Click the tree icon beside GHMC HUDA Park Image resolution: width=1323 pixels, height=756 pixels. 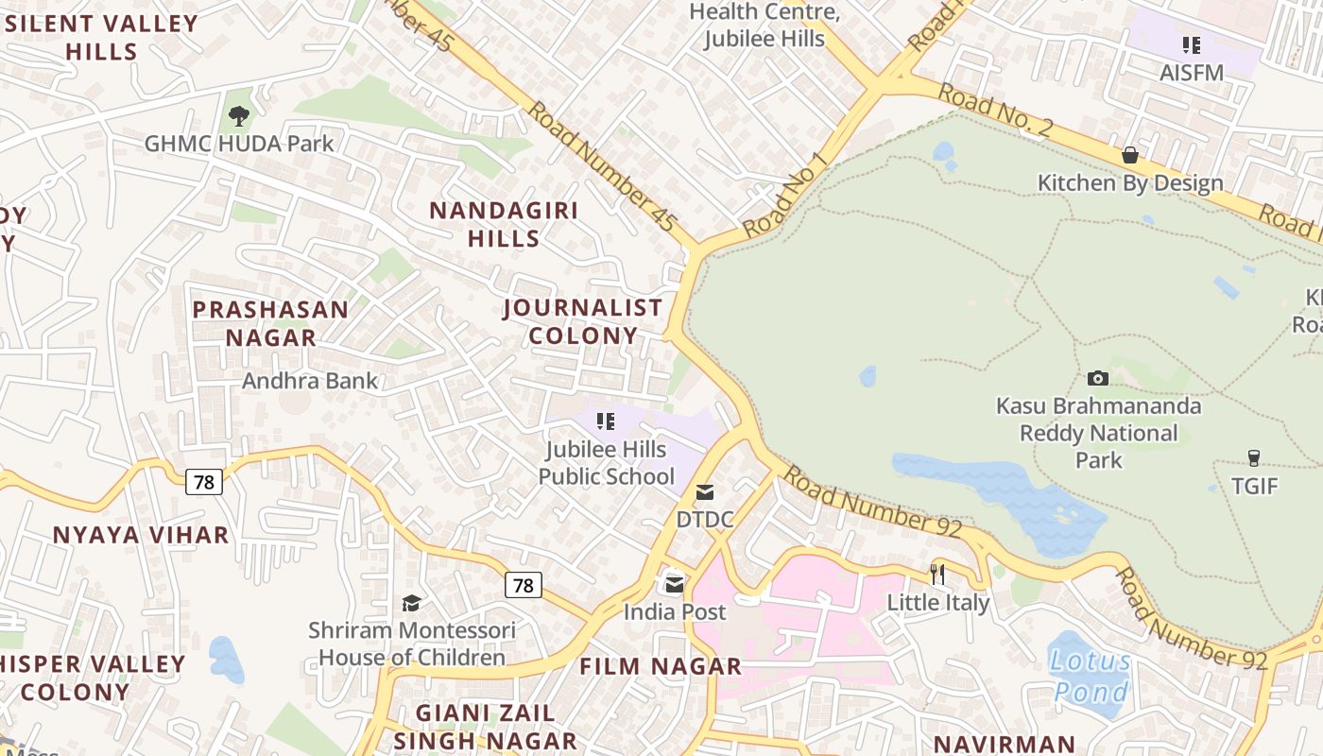239,116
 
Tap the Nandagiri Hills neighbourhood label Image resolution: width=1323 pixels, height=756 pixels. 503,224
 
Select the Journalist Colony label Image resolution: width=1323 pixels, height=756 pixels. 582,321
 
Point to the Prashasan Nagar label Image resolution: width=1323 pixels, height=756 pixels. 270,323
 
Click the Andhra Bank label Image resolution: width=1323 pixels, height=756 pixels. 310,381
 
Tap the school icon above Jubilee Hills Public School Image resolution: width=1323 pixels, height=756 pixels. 606,421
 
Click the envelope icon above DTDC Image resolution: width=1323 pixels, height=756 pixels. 705,492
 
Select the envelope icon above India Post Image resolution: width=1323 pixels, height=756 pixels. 674,585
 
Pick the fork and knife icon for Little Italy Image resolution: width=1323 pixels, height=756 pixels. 937,575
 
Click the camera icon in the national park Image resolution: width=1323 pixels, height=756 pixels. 1098,379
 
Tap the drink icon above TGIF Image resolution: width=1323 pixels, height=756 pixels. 1254,459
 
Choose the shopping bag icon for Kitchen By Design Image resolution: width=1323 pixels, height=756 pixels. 1129,155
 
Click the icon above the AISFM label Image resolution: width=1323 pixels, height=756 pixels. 1192,44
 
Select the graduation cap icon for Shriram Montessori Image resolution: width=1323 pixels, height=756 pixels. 411,603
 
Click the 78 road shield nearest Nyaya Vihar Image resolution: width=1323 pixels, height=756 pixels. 203,483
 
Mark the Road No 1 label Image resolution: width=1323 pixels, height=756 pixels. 785,196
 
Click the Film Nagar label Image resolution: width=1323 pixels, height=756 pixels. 661,666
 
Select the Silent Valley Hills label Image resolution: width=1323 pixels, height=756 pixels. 101,37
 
